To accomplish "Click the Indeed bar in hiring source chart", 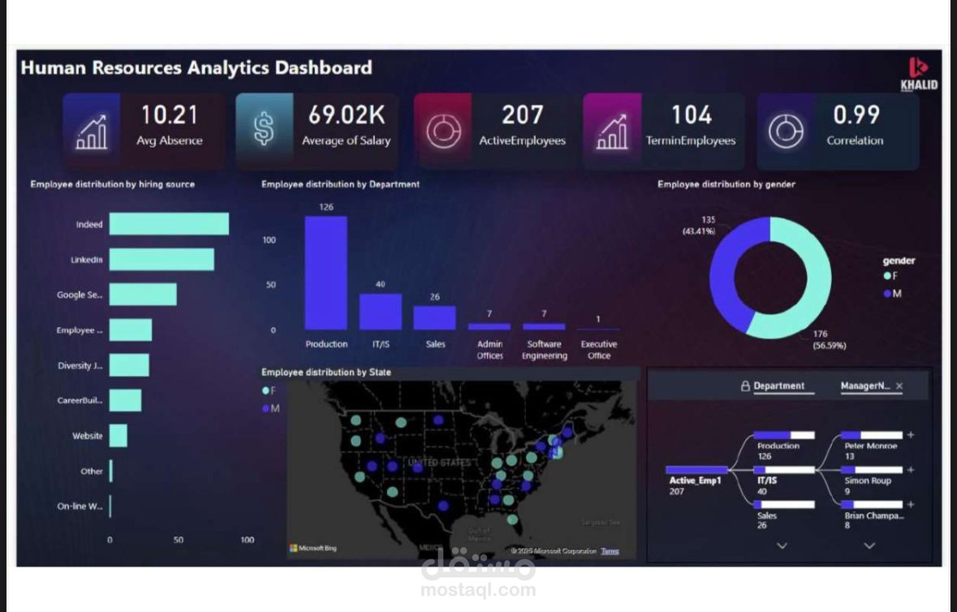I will click(169, 224).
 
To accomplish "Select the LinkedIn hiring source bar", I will click(162, 260).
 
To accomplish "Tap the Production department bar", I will click(326, 272).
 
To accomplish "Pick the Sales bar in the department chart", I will click(435, 317).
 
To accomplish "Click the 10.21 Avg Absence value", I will click(169, 115).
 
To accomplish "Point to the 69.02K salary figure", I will click(346, 115).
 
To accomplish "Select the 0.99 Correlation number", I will click(855, 115).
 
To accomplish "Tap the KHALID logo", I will click(919, 74).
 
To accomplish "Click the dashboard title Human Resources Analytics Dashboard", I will click(196, 67).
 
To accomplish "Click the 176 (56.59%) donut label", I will click(829, 339).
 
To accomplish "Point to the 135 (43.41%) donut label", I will click(698, 226).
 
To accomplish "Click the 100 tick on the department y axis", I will click(269, 240).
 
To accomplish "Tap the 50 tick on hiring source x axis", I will click(179, 540).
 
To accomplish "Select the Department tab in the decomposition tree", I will click(778, 386).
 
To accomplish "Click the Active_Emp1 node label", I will click(696, 481).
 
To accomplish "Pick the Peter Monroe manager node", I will click(871, 446).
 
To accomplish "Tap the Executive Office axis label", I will click(598, 350).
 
